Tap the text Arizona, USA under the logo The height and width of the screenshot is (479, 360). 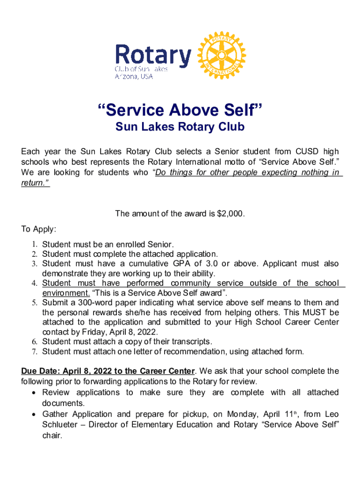tap(134, 77)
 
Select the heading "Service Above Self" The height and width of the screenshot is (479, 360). tap(180, 111)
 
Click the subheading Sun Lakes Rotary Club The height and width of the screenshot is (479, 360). tap(180, 127)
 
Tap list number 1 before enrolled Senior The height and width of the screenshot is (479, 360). tap(34, 244)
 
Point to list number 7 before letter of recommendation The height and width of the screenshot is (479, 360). tap(34, 352)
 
